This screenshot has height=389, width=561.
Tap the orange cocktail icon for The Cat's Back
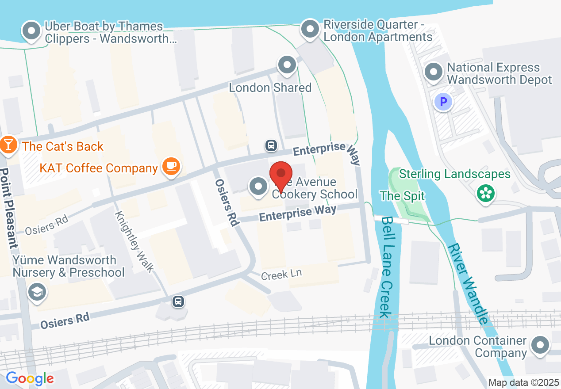(x=8, y=145)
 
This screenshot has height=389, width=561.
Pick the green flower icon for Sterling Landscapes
(x=485, y=193)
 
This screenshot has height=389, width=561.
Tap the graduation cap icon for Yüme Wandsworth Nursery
(x=37, y=292)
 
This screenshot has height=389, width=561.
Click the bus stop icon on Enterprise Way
(x=271, y=145)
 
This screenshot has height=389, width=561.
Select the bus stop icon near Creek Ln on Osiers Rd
(x=178, y=302)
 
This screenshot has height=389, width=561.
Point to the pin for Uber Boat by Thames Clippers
(x=31, y=31)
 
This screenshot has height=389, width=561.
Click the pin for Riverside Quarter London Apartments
(x=310, y=29)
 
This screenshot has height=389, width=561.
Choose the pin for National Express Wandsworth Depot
(x=433, y=72)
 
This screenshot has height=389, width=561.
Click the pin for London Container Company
(x=540, y=345)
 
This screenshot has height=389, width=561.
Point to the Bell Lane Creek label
(x=385, y=267)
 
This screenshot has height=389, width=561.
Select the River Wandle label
(x=469, y=283)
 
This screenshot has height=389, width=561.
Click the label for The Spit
(x=402, y=196)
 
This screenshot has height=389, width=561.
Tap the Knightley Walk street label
(x=134, y=241)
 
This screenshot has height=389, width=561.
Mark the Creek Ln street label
(x=281, y=275)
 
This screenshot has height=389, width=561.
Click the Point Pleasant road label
(x=10, y=208)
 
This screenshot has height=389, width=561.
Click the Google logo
(x=30, y=378)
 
